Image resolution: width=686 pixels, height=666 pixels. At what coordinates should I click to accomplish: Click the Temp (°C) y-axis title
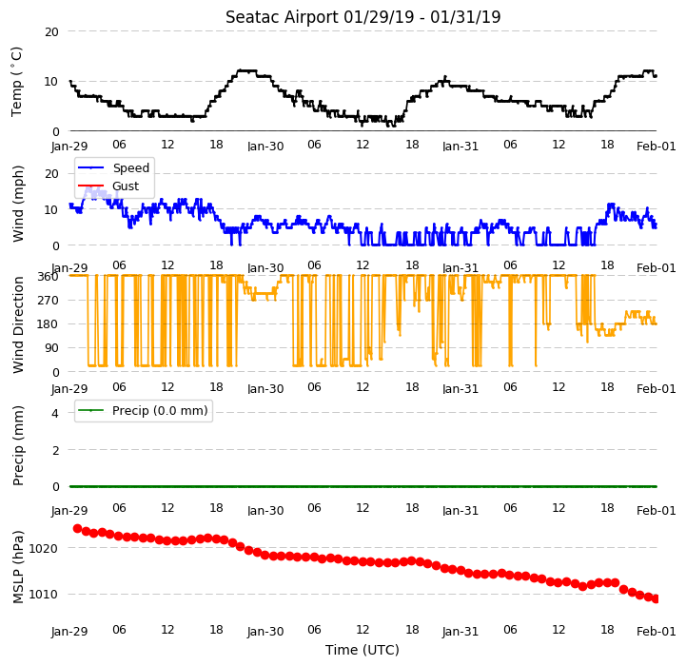point(16,82)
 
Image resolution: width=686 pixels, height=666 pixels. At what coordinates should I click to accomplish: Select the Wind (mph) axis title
point(17,204)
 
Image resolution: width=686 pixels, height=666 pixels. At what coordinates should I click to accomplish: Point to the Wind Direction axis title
point(18,324)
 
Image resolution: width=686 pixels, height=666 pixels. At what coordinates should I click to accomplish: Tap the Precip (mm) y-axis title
point(18,445)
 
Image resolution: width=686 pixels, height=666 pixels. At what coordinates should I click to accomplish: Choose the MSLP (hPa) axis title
point(18,567)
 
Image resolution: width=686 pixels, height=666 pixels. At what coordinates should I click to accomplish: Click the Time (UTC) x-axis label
point(363,650)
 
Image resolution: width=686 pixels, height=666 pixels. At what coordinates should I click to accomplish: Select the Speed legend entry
point(130,168)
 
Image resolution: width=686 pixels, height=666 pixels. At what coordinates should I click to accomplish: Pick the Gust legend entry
point(126,186)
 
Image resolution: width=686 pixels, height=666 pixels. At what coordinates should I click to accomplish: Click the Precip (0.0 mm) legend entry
point(160,411)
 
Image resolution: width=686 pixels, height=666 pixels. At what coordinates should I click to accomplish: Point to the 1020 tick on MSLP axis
point(43,549)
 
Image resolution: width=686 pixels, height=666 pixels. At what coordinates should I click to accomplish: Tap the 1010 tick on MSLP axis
point(43,595)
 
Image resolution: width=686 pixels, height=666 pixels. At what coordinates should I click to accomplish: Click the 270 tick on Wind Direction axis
point(49,301)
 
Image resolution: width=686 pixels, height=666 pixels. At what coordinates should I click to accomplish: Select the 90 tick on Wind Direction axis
point(52,348)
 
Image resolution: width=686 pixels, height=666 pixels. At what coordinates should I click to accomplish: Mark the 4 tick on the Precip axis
point(55,414)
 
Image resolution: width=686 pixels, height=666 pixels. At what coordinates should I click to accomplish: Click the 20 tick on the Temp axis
point(51,32)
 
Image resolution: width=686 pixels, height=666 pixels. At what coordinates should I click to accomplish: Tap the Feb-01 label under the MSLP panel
point(656,632)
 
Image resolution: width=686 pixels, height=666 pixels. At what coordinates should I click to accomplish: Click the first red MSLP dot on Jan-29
point(77,529)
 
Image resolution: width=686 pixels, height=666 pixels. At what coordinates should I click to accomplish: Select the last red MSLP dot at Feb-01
point(656,599)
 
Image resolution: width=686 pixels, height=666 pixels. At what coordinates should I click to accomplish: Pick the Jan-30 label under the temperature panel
point(265,147)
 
